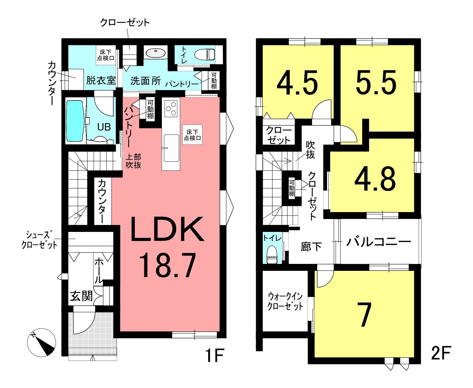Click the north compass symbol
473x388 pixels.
(x=41, y=342)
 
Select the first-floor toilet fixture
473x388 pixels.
(x=205, y=54)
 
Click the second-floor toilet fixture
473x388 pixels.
(x=272, y=254)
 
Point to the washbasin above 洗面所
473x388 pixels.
(x=156, y=54)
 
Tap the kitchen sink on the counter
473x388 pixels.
(x=172, y=148)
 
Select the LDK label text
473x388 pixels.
(x=167, y=229)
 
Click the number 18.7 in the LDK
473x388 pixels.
(x=167, y=265)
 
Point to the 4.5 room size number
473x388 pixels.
(x=297, y=82)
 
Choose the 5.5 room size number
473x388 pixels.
(x=376, y=82)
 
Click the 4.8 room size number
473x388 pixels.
(x=375, y=179)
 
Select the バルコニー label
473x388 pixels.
(x=378, y=242)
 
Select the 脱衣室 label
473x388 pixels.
(x=101, y=80)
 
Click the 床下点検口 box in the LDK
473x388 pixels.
(x=193, y=135)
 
